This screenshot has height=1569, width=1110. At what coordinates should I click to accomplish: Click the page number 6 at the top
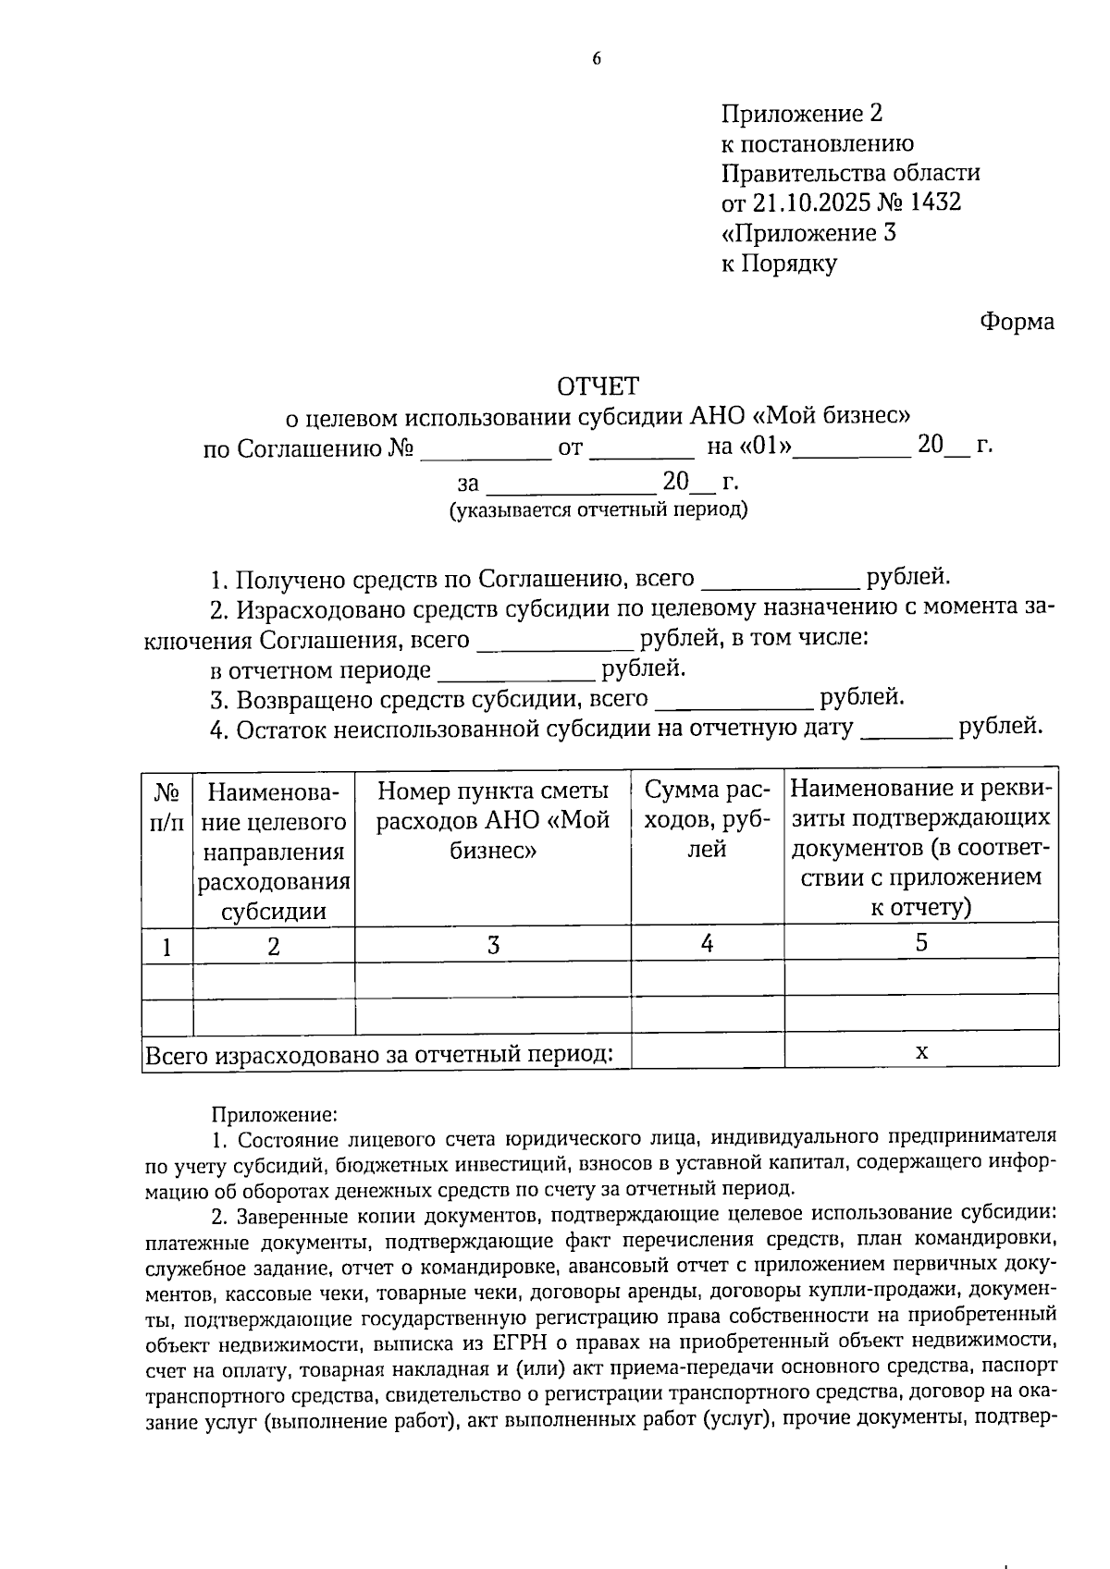(x=597, y=59)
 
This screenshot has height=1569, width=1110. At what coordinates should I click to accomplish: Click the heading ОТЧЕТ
(x=598, y=385)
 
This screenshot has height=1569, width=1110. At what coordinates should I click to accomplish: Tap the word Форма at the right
(x=1017, y=322)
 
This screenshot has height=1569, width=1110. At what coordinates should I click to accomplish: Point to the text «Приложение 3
(x=808, y=232)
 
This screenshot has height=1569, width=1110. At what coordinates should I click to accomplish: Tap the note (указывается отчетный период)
(x=598, y=509)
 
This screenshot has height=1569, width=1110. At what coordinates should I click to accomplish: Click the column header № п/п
(x=166, y=807)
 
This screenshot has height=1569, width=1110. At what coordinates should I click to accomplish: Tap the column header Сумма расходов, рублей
(x=707, y=819)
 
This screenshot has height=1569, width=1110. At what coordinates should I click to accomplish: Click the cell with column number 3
(x=493, y=945)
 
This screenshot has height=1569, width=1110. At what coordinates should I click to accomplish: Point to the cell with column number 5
(x=921, y=942)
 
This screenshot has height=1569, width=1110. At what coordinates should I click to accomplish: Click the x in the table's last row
(x=921, y=1051)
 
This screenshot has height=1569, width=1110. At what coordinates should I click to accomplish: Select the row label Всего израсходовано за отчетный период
(x=380, y=1054)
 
